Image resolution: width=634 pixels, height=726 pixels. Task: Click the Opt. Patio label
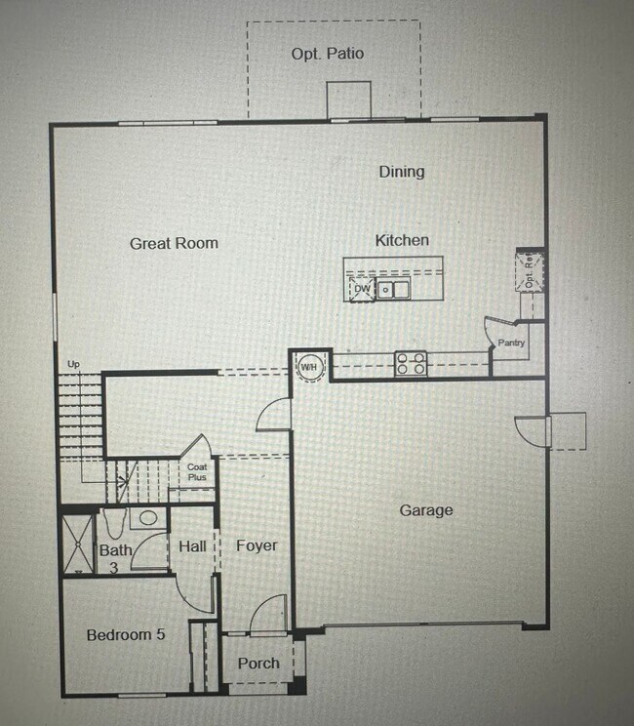tap(327, 54)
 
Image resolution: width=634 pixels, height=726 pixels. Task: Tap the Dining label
tap(402, 172)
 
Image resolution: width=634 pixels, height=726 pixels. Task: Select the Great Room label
tap(174, 243)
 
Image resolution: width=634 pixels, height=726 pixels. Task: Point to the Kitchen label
tap(402, 240)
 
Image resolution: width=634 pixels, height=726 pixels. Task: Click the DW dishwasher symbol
tap(361, 289)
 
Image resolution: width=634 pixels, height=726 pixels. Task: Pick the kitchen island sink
tap(394, 289)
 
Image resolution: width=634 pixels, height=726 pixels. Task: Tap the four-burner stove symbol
tap(411, 364)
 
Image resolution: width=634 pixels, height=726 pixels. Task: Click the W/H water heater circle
tap(311, 366)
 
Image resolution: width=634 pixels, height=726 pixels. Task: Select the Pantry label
tap(511, 343)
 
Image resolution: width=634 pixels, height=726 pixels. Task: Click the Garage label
tap(426, 510)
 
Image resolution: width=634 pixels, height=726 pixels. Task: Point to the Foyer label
tap(257, 545)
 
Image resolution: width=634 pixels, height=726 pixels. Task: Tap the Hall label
tap(192, 546)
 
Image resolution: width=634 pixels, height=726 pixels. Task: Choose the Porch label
tap(258, 664)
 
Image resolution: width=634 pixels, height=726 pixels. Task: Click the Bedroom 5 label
tap(126, 635)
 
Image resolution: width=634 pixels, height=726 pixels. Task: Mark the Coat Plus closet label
tap(197, 472)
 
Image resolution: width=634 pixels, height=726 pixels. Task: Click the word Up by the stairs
tap(72, 365)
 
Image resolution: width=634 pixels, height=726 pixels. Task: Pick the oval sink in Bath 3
tap(148, 519)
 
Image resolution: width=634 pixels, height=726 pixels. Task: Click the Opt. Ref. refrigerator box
tap(531, 270)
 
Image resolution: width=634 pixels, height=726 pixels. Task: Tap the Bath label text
tap(115, 551)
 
